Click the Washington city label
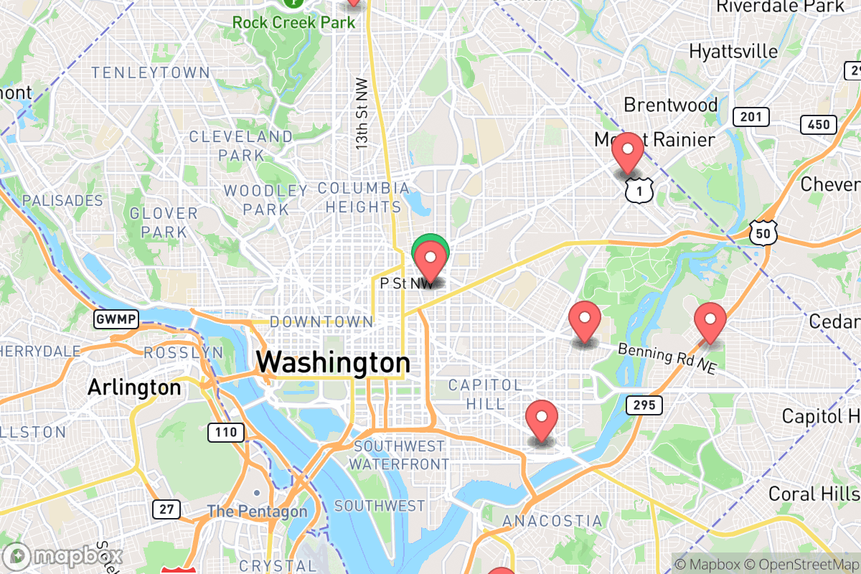[333, 362]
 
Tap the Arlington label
[134, 388]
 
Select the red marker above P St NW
[430, 261]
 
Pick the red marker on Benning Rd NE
[710, 322]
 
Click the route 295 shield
[644, 405]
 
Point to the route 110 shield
[226, 432]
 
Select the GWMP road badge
[116, 319]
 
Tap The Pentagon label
[258, 512]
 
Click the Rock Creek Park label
[293, 22]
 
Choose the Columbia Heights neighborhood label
[363, 197]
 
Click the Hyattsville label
[733, 52]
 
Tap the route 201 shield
[751, 117]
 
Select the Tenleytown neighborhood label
[151, 73]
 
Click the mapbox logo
[63, 556]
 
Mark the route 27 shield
[166, 509]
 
